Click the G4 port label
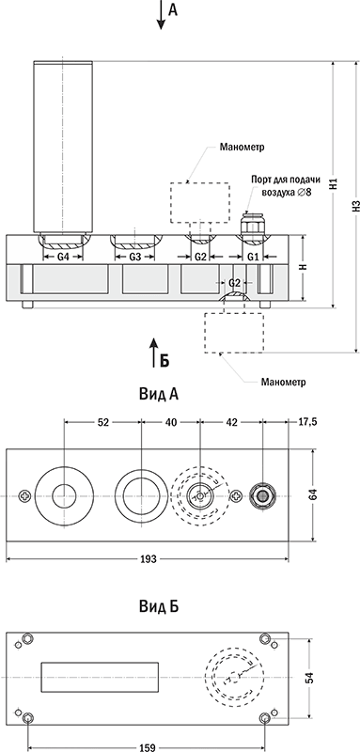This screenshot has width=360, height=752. tap(63, 257)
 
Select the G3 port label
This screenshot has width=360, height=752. tap(135, 257)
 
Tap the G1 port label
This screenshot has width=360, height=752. tap(253, 257)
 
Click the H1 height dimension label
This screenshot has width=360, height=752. tap(334, 184)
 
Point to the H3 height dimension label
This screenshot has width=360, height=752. tap(355, 206)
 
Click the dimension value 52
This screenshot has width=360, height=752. tap(103, 422)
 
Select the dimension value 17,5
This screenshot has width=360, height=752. tap(307, 422)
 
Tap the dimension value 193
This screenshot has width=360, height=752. tap(148, 559)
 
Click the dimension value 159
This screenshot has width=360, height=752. tap(148, 747)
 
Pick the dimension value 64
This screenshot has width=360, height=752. tap(313, 495)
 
